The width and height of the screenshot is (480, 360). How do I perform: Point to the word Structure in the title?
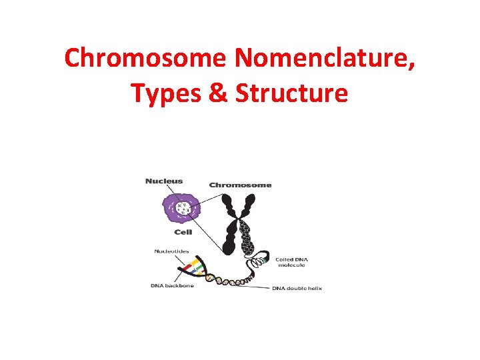pyautogui.click(x=291, y=93)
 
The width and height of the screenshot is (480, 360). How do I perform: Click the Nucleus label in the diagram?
pyautogui.click(x=164, y=181)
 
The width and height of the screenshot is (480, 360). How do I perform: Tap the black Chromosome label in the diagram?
pyautogui.click(x=240, y=185)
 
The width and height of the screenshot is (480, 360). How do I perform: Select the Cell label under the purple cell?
pyautogui.click(x=183, y=233)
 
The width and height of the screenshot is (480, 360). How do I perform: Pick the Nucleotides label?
pyautogui.click(x=171, y=251)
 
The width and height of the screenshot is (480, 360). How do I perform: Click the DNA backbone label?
pyautogui.click(x=171, y=286)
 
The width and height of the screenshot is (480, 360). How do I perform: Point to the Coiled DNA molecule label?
pyautogui.click(x=290, y=262)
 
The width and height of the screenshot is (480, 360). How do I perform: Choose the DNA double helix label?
pyautogui.click(x=297, y=288)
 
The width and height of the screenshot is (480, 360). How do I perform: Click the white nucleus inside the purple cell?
pyautogui.click(x=179, y=208)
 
